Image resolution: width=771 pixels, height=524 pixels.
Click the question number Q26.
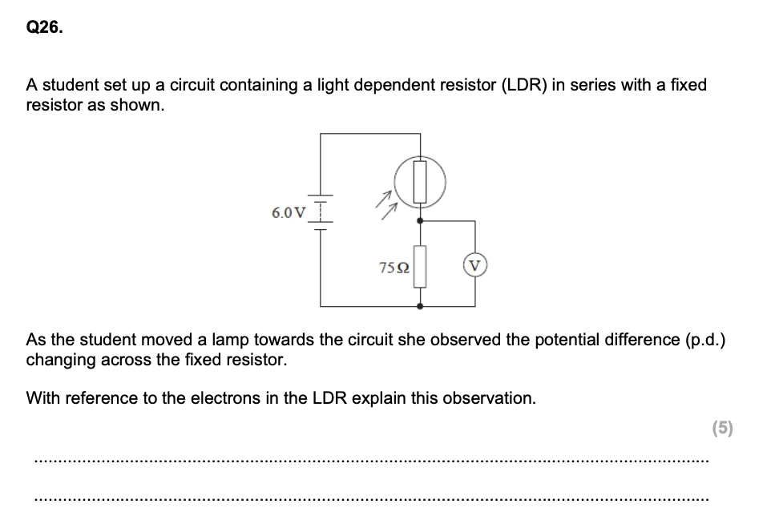point(44,28)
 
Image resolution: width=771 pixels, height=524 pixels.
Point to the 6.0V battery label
point(289,212)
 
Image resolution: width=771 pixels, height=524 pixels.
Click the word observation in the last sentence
point(488,398)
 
